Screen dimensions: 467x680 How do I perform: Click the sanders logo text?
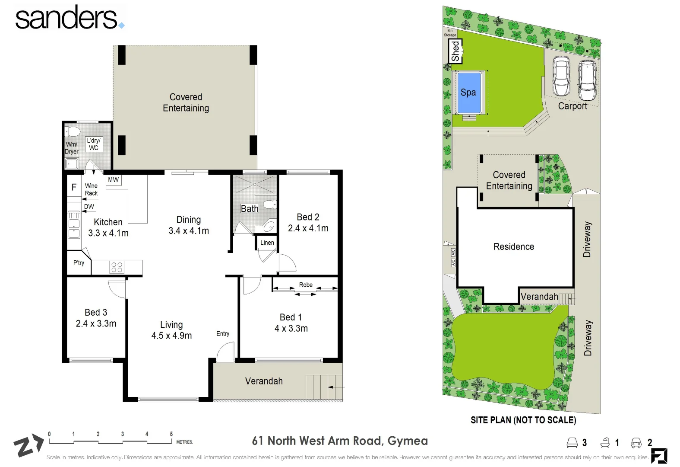(x=67, y=18)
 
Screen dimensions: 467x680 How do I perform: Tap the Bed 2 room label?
(x=308, y=217)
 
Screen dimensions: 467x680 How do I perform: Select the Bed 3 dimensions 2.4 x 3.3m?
(x=96, y=324)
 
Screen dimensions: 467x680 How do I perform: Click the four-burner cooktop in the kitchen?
(x=117, y=267)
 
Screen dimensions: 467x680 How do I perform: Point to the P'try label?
(x=79, y=263)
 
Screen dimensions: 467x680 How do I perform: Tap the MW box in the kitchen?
(x=113, y=180)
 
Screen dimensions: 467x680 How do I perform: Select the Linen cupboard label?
(x=267, y=243)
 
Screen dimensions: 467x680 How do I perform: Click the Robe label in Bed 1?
(x=306, y=285)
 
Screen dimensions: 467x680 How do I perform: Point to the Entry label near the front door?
(x=223, y=333)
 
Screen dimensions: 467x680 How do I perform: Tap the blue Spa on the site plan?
(x=468, y=92)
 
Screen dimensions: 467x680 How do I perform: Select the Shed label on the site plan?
(x=455, y=51)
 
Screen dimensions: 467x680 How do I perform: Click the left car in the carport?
(x=561, y=77)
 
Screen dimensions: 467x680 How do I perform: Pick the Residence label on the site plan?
(x=514, y=246)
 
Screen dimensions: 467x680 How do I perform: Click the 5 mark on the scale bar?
(x=171, y=434)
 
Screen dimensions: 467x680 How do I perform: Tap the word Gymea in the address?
(x=408, y=441)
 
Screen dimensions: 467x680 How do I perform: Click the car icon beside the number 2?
(x=636, y=442)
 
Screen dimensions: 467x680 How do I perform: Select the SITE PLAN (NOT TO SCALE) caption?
(x=523, y=420)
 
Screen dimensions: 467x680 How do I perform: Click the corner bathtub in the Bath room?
(x=268, y=226)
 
